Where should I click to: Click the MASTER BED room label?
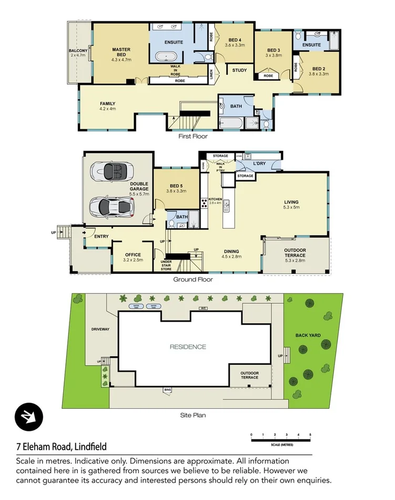click(x=120, y=50)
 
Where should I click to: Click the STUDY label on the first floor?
click(x=239, y=70)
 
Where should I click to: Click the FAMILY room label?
click(x=107, y=103)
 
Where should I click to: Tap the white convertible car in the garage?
click(x=111, y=171)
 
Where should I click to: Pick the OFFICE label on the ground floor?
click(x=133, y=254)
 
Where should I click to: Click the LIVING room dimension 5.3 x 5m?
click(x=291, y=207)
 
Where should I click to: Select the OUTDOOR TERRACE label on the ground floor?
click(x=295, y=252)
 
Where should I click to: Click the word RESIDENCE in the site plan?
click(x=188, y=347)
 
